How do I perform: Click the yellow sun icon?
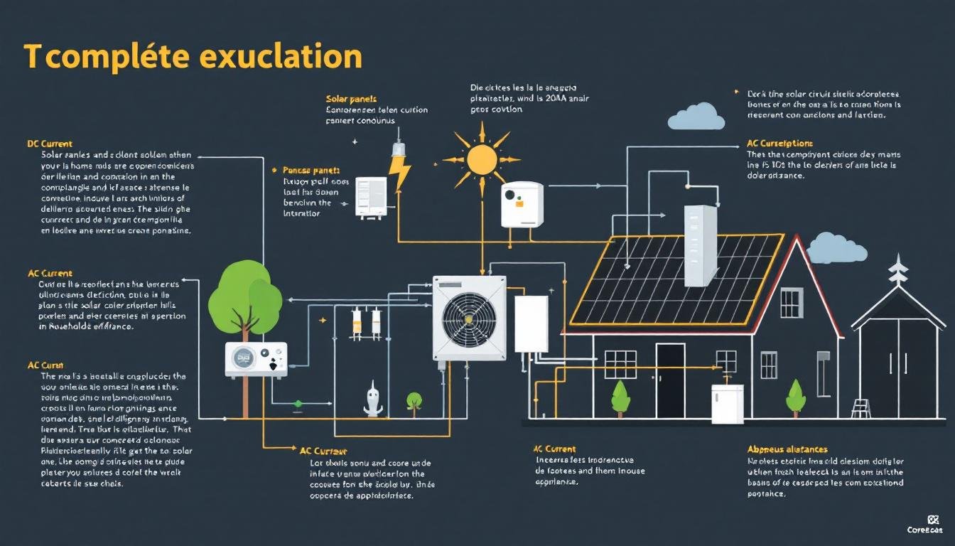tap(481, 159)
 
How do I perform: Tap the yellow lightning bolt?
tap(399, 172)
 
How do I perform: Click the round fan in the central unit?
tap(469, 317)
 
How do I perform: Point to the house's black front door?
tap(669, 380)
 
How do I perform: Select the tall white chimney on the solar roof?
tap(700, 245)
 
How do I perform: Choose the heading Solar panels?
tap(351, 99)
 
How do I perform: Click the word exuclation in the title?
tap(288, 56)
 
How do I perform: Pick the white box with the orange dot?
tap(522, 204)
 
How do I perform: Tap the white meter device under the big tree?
tap(256, 359)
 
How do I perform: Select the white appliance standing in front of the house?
tap(727, 403)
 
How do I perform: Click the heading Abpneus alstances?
tap(787, 449)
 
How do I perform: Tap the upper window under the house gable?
tap(791, 303)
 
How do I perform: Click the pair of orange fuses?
tap(366, 321)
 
